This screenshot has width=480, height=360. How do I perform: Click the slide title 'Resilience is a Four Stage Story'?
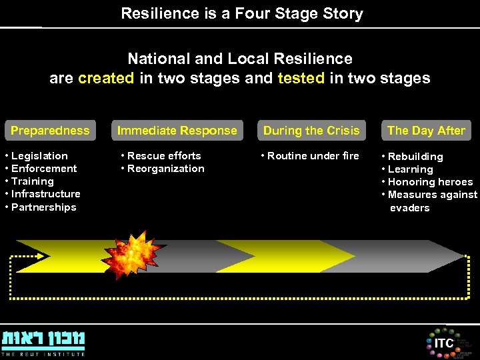click(241, 13)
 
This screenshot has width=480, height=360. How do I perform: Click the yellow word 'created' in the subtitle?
click(106, 78)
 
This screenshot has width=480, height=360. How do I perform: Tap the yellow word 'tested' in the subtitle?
click(301, 78)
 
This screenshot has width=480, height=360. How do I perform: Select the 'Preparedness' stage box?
click(50, 131)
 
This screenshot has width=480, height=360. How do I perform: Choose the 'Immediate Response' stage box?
click(177, 131)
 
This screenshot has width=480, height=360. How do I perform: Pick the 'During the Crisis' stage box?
click(311, 131)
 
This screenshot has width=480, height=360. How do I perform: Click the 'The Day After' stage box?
click(426, 131)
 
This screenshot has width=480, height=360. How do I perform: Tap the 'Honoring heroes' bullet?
click(430, 182)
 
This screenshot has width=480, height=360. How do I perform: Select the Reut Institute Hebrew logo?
click(43, 341)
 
